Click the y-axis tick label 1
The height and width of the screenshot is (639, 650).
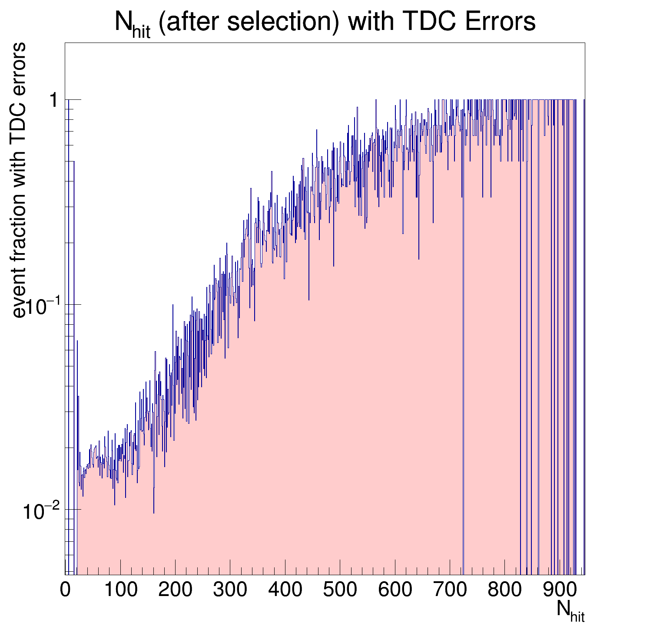pyautogui.click(x=54, y=101)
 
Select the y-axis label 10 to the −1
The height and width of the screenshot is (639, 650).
pyautogui.click(x=42, y=306)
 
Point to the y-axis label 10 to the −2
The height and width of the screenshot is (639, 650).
pyautogui.click(x=42, y=511)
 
